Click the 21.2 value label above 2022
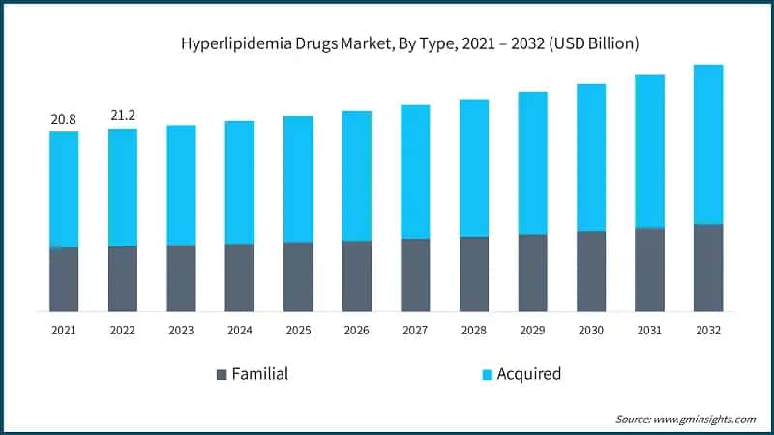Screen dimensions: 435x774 point(123,115)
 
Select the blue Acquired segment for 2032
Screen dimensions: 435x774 point(708,144)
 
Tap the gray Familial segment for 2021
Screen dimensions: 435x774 point(64,279)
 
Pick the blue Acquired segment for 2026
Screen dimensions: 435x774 point(357,175)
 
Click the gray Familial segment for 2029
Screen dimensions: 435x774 point(532,273)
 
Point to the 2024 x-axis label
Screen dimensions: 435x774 point(240,331)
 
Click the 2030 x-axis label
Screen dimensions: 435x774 point(591,331)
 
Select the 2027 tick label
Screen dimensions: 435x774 point(415,331)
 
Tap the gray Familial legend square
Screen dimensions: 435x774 point(221,374)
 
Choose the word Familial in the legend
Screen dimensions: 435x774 point(259,374)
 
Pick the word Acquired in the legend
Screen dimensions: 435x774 point(528,374)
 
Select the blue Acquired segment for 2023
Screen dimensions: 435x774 point(181,185)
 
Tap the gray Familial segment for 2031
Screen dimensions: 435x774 point(649,270)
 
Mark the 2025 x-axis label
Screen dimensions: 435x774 point(298,331)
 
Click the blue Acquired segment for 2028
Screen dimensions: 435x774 point(474,167)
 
